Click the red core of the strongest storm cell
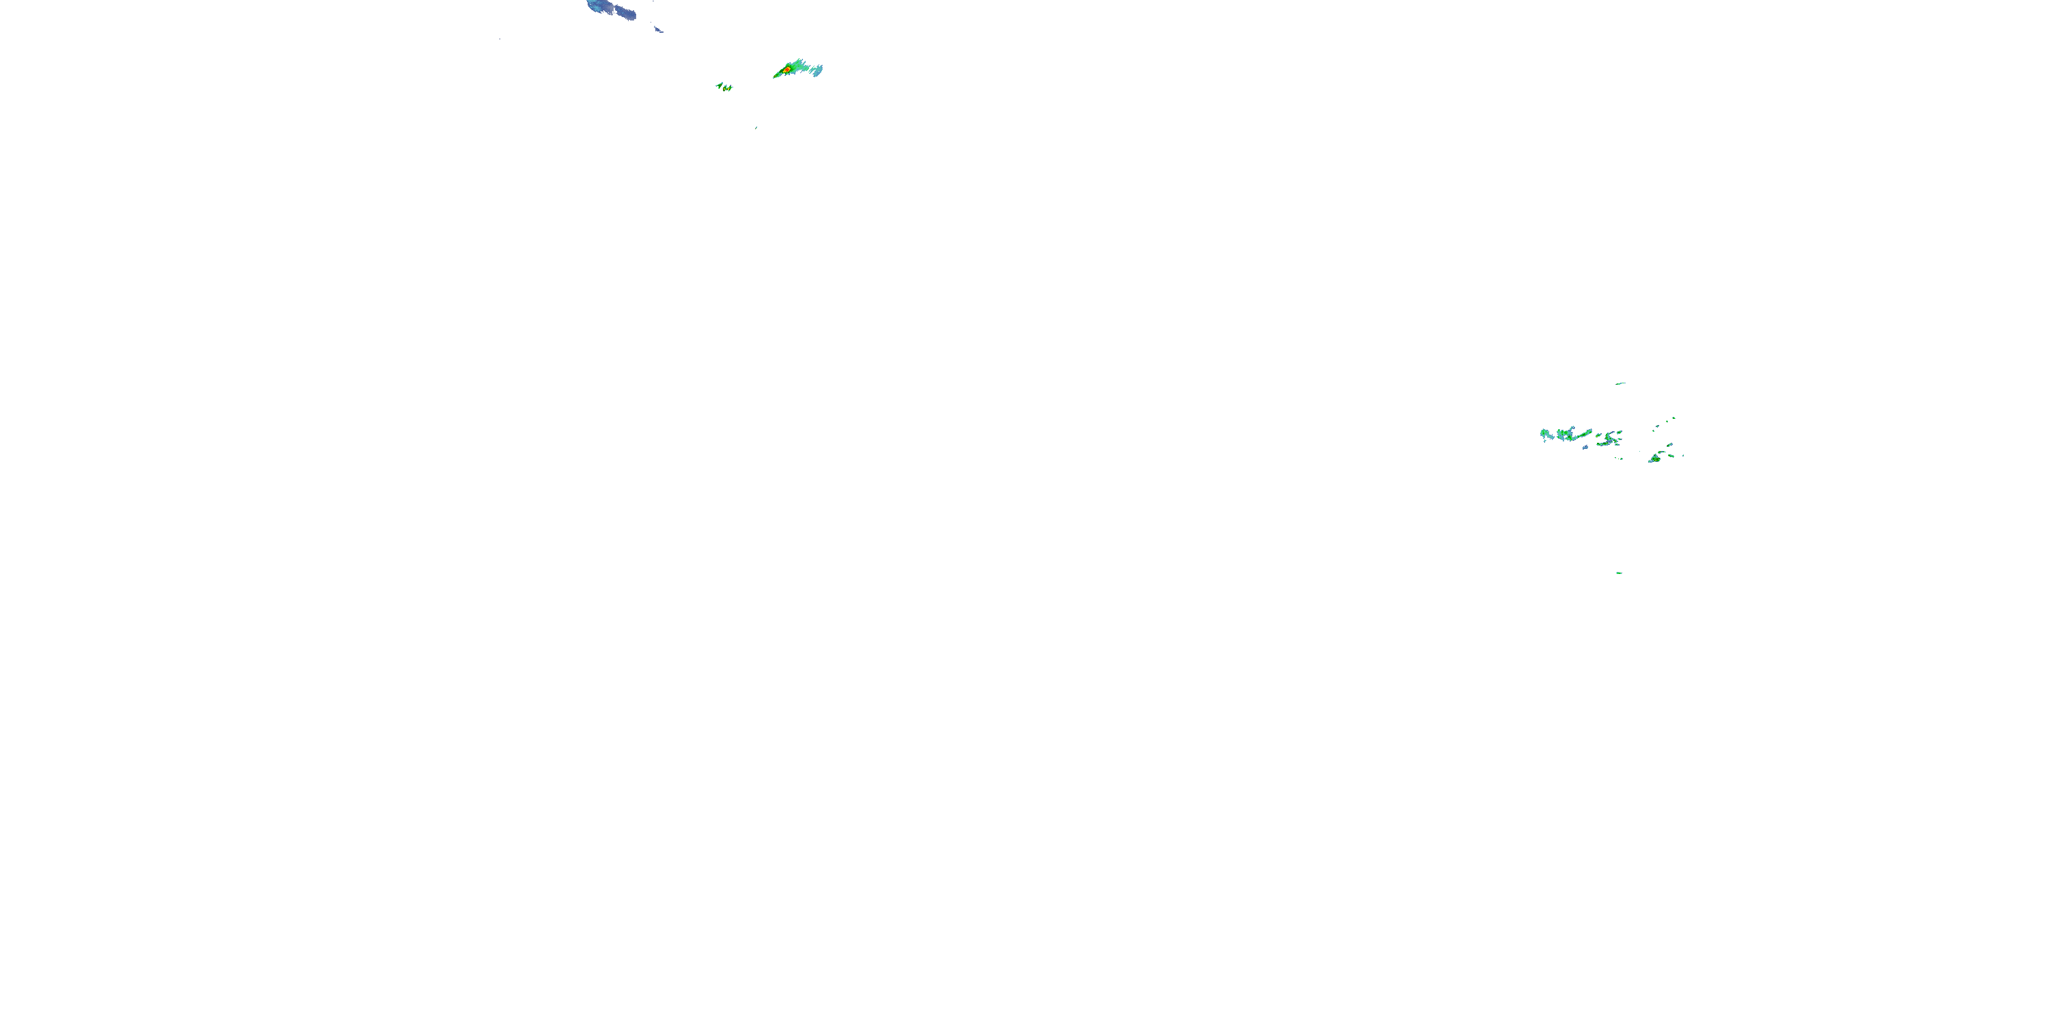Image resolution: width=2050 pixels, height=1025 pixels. (787, 70)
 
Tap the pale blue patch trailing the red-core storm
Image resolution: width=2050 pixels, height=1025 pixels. (817, 71)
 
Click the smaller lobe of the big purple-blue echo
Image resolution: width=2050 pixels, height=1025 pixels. (627, 13)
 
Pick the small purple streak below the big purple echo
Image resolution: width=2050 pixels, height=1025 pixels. (658, 29)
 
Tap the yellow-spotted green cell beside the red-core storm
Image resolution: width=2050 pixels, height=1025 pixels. (727, 87)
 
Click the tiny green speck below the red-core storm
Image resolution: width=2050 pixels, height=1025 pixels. (756, 127)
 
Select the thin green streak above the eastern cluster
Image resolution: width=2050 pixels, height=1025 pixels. (1620, 383)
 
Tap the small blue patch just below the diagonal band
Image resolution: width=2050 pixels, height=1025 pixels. (1585, 448)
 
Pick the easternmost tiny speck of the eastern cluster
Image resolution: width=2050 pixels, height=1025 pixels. (1682, 455)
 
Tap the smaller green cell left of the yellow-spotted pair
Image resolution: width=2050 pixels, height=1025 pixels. (719, 85)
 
